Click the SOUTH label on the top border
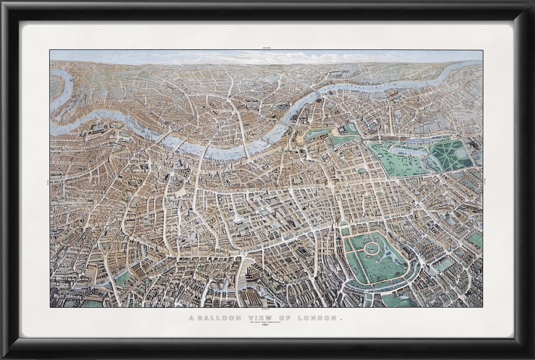[267, 48]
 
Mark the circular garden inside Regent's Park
[371, 248]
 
